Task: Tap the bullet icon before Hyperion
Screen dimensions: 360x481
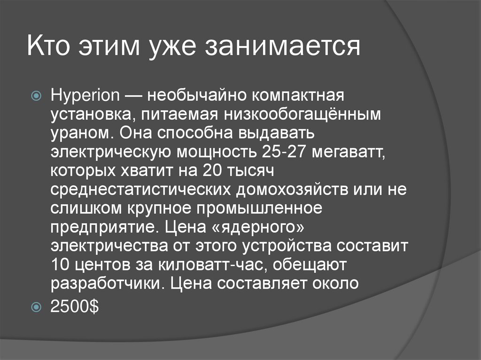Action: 39,97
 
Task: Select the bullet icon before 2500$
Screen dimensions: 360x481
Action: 39,307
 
